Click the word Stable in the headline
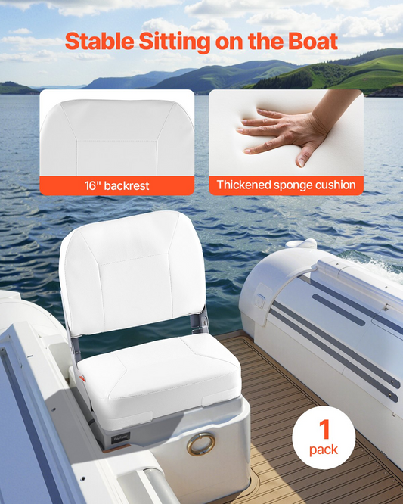[x=100, y=41]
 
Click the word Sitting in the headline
[x=175, y=42]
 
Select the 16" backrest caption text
[x=117, y=186]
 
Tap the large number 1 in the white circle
[x=324, y=429]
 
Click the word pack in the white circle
[x=324, y=450]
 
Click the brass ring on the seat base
[x=201, y=444]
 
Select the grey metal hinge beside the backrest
[x=202, y=321]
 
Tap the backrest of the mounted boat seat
[x=132, y=273]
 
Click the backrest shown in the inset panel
[x=117, y=138]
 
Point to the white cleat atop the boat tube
[x=301, y=244]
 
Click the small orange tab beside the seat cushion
[x=82, y=378]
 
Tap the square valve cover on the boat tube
[x=260, y=300]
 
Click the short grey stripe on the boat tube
[x=339, y=310]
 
